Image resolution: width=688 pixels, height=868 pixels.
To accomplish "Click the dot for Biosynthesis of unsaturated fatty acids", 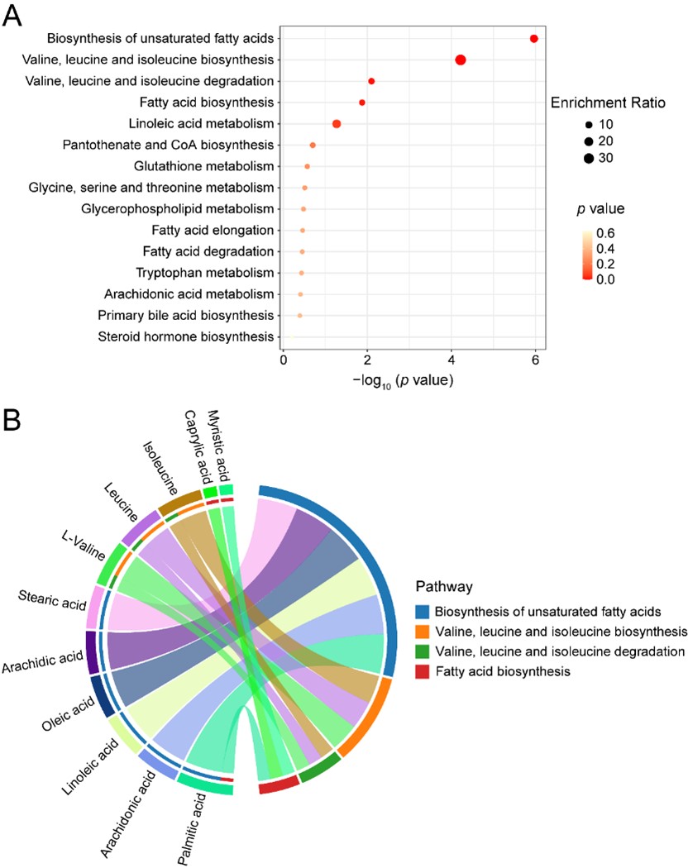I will pos(534,39).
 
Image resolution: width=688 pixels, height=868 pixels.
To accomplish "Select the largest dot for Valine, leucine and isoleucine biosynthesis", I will pos(461,60).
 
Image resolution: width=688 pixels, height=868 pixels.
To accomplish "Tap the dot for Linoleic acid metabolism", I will pos(337,124).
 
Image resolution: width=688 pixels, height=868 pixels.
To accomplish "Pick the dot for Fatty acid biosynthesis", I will pos(362,103).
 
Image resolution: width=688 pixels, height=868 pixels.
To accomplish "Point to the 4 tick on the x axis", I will pos(451,361).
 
